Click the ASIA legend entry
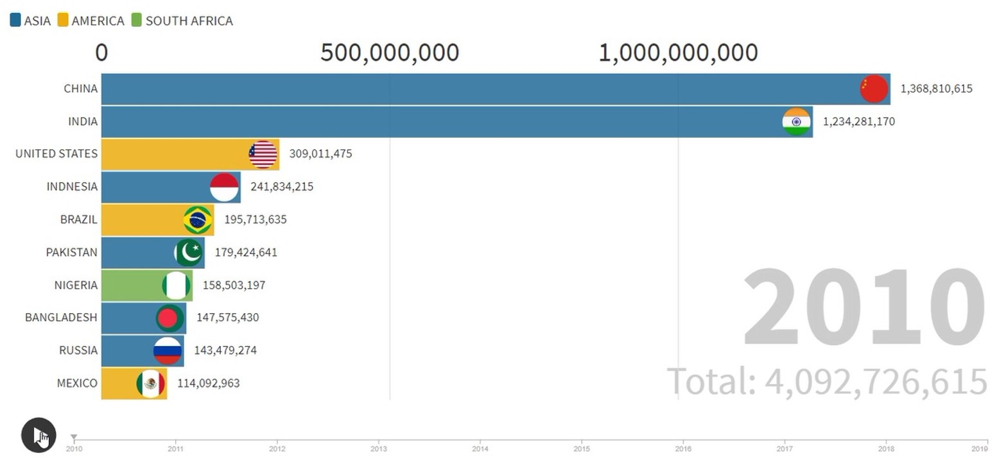(x=30, y=21)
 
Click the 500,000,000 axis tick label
(x=389, y=53)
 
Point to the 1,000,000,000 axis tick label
(x=677, y=53)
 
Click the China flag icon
(x=874, y=89)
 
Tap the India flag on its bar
(x=796, y=121)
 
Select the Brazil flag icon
(x=198, y=219)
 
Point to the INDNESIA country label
(x=72, y=187)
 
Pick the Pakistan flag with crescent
(x=189, y=252)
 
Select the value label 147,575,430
(x=228, y=318)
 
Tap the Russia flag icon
(x=167, y=350)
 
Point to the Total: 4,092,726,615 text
(x=827, y=381)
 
